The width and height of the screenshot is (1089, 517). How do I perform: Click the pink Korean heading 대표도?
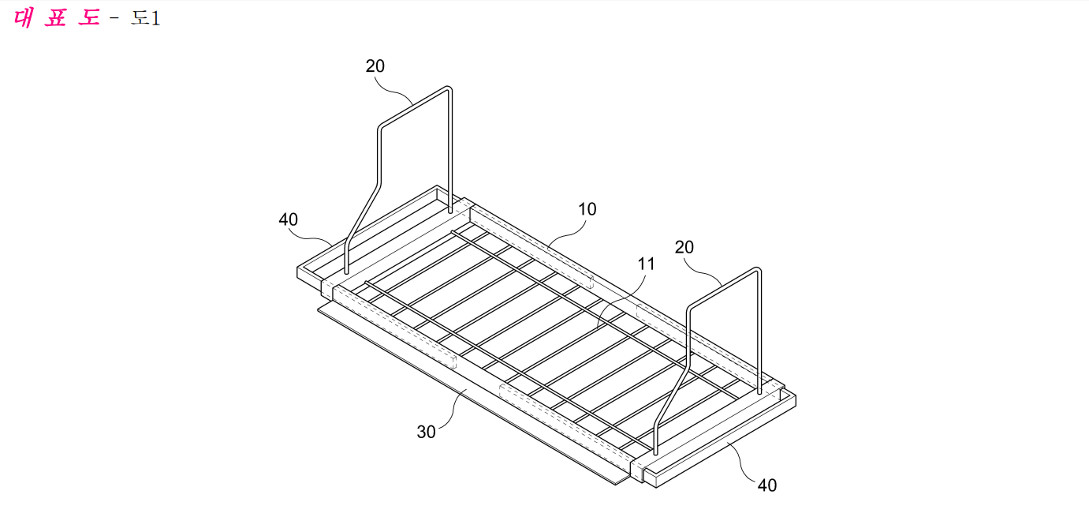click(x=58, y=18)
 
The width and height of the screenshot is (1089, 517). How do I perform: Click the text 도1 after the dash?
click(x=145, y=18)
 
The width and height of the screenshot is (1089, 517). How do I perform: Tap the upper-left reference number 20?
click(x=375, y=66)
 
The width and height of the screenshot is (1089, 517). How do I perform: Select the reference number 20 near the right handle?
click(x=684, y=247)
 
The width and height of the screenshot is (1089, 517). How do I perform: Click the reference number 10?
click(x=587, y=209)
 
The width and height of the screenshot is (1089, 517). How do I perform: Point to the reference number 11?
click(x=646, y=264)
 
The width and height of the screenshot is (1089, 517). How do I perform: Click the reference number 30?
click(x=426, y=432)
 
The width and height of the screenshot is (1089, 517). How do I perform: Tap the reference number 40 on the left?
click(x=288, y=219)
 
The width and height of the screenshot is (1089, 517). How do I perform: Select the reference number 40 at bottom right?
click(x=767, y=485)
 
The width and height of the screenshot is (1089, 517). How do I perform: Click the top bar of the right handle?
click(x=724, y=288)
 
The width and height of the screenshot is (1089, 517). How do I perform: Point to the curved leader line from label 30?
click(x=454, y=409)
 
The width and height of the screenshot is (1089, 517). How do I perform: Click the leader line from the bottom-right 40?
click(x=741, y=463)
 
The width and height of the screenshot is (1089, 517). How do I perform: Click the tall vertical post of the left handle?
click(x=450, y=151)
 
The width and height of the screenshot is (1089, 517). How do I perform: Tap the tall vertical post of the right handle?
click(x=759, y=331)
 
